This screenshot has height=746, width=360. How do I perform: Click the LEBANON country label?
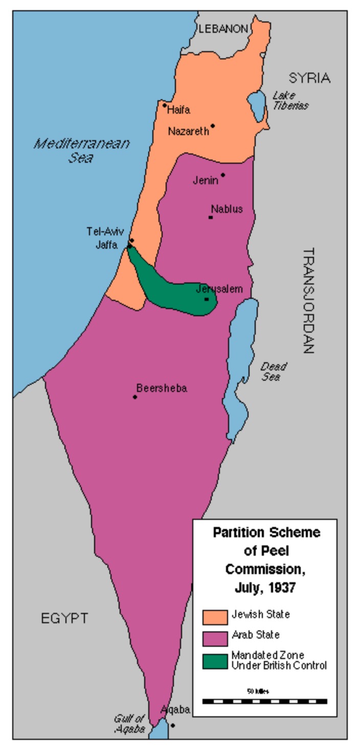tap(223, 29)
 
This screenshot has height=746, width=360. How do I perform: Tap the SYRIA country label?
tap(309, 78)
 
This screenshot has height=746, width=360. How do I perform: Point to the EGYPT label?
tap(64, 618)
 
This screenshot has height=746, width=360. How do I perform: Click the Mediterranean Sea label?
tap(82, 150)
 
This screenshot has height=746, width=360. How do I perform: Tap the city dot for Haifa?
tap(165, 105)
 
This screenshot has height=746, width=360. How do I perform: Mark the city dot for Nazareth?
tap(213, 125)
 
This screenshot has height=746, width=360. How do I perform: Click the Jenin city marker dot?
tap(223, 175)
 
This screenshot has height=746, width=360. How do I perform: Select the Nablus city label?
tap(227, 209)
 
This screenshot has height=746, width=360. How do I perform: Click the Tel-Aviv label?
tap(105, 232)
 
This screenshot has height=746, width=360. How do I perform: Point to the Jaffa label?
tap(107, 244)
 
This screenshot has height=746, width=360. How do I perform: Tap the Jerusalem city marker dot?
tap(207, 299)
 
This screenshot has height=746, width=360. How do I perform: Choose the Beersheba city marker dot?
tap(135, 397)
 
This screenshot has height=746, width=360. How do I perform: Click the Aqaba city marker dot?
tap(173, 725)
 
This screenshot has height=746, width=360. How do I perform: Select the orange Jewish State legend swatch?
tap(215, 617)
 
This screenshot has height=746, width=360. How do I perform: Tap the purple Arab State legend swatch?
tap(215, 639)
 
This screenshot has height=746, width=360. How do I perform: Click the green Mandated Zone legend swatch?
tap(215, 661)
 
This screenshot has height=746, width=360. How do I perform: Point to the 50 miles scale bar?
tap(264, 701)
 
